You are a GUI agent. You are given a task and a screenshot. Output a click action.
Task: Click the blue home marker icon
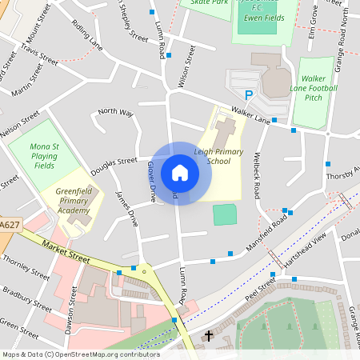point(180,173)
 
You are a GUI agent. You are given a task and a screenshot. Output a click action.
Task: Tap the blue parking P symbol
point(249,95)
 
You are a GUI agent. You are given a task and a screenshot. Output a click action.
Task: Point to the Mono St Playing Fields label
point(45,156)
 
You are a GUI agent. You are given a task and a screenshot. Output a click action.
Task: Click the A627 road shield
point(9,226)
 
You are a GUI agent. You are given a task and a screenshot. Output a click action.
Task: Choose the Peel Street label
point(260,289)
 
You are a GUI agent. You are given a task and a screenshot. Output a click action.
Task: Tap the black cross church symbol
point(209,336)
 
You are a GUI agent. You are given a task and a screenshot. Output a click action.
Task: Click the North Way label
point(115,112)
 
